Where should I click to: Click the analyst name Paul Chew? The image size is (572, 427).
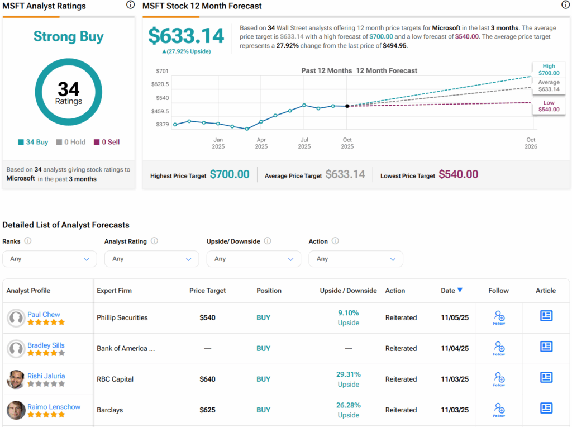click(44, 315)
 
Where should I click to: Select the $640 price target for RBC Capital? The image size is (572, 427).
click(207, 379)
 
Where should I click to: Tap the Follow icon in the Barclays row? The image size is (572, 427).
click(499, 410)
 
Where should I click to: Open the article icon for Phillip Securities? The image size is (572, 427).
click(546, 316)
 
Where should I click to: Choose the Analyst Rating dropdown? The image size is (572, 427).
click(151, 259)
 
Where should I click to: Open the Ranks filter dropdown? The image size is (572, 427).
click(49, 259)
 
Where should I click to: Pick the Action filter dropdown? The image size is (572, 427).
click(355, 259)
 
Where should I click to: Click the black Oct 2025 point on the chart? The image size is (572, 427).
click(347, 106)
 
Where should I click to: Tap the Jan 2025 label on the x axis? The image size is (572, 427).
click(218, 143)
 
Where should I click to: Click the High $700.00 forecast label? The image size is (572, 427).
click(549, 69)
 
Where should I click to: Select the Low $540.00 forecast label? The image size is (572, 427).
click(549, 106)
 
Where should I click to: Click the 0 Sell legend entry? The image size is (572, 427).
click(107, 142)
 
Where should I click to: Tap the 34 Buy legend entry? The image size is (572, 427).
click(33, 142)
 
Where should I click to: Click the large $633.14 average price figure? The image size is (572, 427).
click(186, 36)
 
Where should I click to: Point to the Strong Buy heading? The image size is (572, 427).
click(68, 37)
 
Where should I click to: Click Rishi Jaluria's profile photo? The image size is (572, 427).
click(16, 379)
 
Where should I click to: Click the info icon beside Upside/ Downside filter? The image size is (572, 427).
click(268, 241)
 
